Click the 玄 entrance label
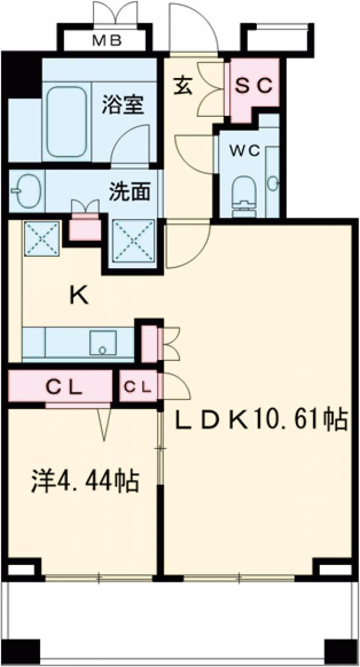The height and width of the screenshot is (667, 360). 184,85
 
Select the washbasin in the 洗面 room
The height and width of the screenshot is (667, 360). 25,191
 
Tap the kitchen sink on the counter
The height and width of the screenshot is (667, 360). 103,342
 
